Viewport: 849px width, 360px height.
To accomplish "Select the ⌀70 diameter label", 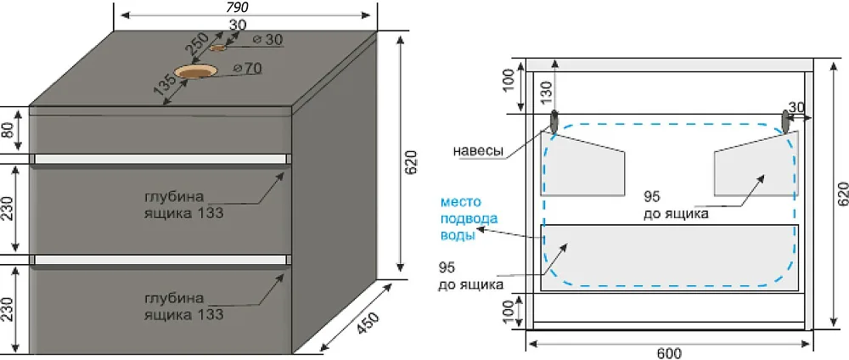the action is (247, 69).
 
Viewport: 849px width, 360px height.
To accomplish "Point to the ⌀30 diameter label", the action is (267, 40).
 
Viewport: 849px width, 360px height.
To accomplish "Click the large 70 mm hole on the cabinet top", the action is (195, 71).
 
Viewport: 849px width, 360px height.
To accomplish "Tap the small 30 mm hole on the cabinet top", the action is (218, 48).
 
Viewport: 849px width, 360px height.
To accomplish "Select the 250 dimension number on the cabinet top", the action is (198, 46).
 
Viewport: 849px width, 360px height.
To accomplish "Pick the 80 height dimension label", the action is (7, 131).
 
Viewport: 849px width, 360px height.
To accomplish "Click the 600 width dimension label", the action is (669, 353).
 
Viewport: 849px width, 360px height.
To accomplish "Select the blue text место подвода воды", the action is (461, 219).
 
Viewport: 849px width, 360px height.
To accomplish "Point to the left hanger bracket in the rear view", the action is (554, 121).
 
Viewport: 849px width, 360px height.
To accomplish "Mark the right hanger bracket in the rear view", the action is (786, 121).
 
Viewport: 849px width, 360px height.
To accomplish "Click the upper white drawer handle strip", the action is (160, 159).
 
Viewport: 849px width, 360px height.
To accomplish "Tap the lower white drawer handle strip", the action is (160, 260).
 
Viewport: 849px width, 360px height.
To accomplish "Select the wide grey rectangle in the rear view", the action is (670, 257).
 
